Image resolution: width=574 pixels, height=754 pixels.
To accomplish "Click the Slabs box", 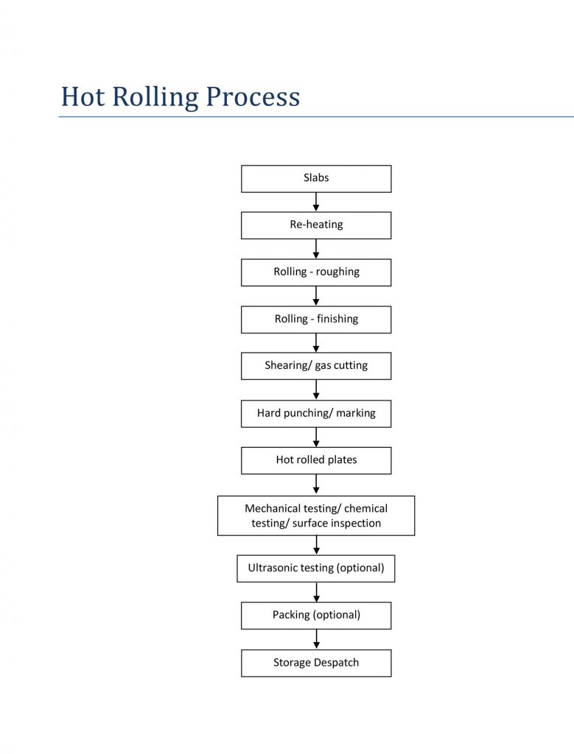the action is [x=316, y=179].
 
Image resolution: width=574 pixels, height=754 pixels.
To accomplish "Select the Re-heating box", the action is [x=316, y=225].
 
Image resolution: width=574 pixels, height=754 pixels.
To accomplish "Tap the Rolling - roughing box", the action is [x=316, y=272].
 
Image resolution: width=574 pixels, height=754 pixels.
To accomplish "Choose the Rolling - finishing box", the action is [x=316, y=320].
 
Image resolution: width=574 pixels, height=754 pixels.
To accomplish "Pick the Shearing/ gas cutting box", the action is [x=316, y=366].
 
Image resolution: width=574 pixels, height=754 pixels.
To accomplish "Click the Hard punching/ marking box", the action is [x=316, y=414].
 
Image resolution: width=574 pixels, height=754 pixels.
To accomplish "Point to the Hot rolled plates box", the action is [x=316, y=461].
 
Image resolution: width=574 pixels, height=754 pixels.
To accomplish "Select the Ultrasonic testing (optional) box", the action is [x=316, y=568].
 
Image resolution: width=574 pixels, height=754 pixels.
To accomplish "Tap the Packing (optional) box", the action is [x=316, y=616].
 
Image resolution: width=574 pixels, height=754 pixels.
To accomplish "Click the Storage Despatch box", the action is [x=316, y=663].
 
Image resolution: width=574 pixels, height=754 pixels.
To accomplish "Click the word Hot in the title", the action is [x=83, y=96].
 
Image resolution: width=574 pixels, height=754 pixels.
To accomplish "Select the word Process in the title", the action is [x=253, y=98].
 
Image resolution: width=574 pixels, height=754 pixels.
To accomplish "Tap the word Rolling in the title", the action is [x=155, y=98].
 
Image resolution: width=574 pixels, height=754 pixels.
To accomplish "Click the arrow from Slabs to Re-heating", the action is [x=316, y=202].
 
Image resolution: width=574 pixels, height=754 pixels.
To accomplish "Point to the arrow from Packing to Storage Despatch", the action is [x=316, y=639].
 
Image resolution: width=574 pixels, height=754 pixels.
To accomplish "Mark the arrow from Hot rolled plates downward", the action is [x=316, y=485].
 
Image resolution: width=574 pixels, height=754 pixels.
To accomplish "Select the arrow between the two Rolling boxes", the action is [x=316, y=296].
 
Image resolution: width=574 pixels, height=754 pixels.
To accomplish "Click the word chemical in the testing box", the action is [x=365, y=508].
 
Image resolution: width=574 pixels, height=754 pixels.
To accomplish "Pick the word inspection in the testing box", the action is [x=357, y=524].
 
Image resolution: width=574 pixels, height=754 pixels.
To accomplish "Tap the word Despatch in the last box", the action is [x=336, y=663].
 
